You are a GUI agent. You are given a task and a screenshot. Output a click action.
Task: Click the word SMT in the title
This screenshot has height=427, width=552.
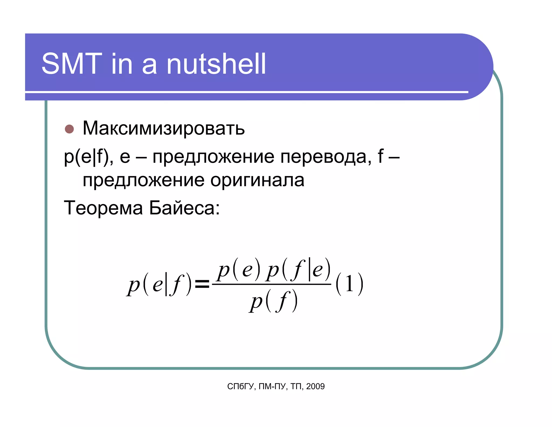(72, 64)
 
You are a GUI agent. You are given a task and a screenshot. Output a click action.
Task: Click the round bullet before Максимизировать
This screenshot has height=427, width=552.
(69, 129)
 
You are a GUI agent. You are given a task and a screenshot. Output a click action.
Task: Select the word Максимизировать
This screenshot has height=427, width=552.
(164, 128)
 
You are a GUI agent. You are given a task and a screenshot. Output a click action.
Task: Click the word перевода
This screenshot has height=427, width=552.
(323, 157)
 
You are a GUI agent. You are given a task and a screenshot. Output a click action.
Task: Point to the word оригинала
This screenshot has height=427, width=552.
(257, 180)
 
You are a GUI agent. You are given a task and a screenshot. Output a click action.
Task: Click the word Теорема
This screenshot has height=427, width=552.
(103, 208)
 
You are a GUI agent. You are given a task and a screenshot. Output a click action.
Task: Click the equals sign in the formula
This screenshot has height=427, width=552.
(202, 284)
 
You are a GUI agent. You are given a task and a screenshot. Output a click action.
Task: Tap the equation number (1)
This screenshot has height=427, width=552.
(349, 284)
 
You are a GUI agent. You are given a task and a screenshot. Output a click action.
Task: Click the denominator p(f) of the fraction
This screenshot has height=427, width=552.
(273, 301)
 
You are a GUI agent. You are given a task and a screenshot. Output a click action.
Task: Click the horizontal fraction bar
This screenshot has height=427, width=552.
(272, 284)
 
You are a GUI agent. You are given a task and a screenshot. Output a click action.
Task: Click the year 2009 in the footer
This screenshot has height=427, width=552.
(315, 386)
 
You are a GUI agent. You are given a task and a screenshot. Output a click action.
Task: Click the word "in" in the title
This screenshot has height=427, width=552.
(122, 64)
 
